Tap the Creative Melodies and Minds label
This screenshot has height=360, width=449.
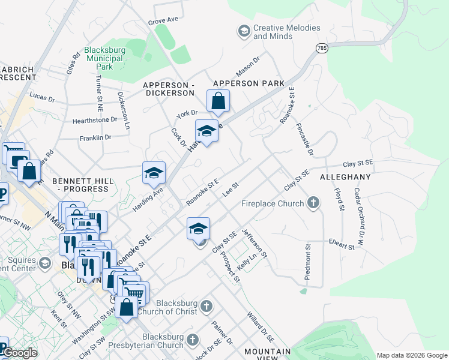click(286, 32)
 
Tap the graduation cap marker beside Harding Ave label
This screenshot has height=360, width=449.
click(154, 173)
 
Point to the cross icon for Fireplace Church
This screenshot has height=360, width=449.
click(313, 203)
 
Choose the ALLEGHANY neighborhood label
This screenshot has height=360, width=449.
click(345, 178)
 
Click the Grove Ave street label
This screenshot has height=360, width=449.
click(164, 20)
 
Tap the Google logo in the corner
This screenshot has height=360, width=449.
click(20, 353)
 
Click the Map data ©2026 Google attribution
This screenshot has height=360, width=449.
click(411, 355)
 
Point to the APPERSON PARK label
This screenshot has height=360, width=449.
click(249, 83)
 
